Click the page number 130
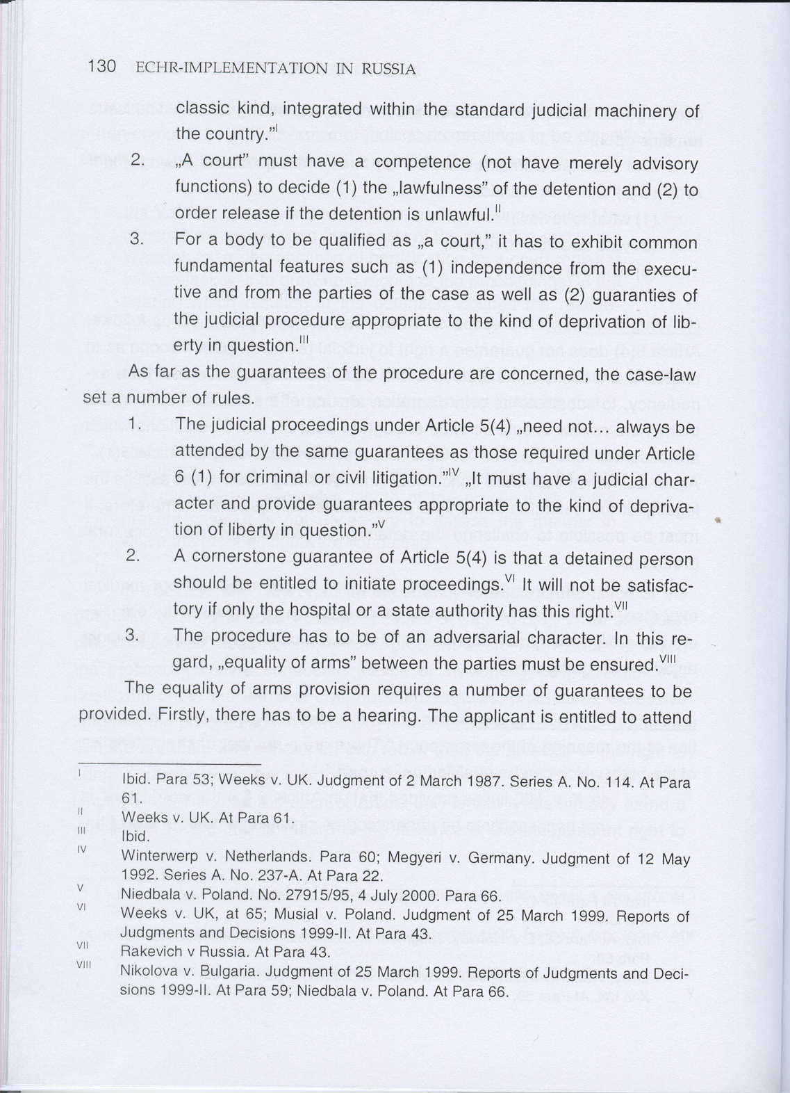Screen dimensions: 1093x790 click(101, 67)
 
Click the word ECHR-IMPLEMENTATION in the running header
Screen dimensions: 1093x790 click(231, 68)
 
